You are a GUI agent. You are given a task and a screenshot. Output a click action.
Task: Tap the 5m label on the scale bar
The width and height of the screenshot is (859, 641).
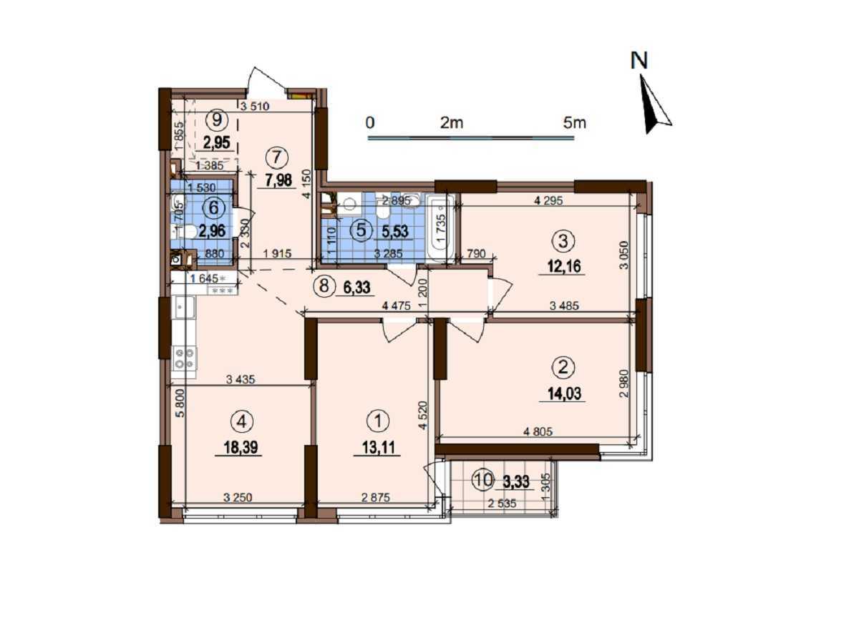pyautogui.click(x=574, y=122)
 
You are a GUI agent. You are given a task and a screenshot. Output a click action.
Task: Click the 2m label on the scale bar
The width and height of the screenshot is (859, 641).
pyautogui.click(x=452, y=122)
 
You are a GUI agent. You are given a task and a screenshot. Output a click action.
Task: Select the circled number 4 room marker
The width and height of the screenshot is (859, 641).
pyautogui.click(x=242, y=423)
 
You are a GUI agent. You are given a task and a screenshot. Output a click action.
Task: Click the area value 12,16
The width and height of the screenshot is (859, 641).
pyautogui.click(x=564, y=268)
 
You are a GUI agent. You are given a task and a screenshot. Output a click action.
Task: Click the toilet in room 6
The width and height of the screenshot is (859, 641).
pyautogui.click(x=185, y=231)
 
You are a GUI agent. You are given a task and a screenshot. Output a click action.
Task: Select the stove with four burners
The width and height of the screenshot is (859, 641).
pyautogui.click(x=183, y=358)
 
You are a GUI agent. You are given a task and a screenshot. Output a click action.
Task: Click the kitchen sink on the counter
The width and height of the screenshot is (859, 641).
pyautogui.click(x=183, y=308)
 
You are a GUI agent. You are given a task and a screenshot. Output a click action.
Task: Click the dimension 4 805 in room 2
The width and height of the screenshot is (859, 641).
pyautogui.click(x=539, y=431)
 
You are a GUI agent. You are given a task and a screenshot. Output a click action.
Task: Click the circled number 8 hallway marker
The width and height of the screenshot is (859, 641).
pyautogui.click(x=324, y=286)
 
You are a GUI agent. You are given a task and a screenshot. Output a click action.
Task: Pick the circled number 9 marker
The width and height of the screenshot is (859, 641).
pyautogui.click(x=217, y=119)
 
